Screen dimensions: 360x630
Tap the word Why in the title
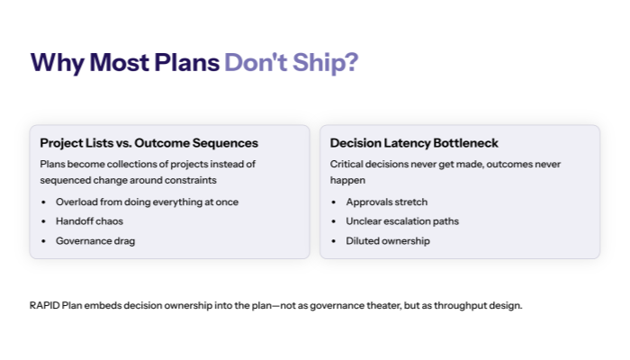pos(56,62)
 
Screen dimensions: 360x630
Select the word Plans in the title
pos(185,62)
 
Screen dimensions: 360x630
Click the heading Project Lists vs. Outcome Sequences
pos(148,143)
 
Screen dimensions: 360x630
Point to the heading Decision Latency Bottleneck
pos(414,143)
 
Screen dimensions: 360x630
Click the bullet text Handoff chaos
pos(88,221)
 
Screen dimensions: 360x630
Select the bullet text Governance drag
pos(94,241)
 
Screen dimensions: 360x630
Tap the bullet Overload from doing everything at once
pos(147,202)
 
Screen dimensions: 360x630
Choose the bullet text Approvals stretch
pos(387,202)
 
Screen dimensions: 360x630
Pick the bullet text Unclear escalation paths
pos(403,221)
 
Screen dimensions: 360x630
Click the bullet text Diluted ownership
pos(388,241)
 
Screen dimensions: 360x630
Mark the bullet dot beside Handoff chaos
pos(44,221)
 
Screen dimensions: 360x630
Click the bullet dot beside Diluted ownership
pos(335,241)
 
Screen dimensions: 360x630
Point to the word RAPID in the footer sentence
pos(44,305)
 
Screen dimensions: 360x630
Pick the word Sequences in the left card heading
pos(227,143)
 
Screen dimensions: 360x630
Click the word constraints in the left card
pos(187,180)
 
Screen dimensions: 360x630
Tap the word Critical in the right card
pos(346,164)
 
